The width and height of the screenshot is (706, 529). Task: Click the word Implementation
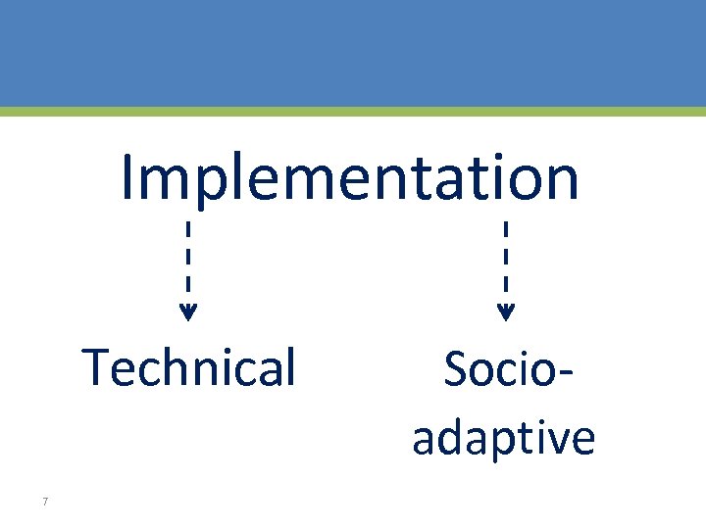pos(350,178)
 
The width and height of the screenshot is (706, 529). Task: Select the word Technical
pos(189,368)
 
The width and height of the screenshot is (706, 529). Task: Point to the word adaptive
pos(503,438)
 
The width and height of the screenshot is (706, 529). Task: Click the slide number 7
pos(45,503)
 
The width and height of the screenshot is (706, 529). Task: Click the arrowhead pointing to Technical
pos(188,313)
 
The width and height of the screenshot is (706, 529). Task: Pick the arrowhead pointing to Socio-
pos(505,313)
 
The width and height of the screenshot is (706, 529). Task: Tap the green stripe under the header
pos(353,112)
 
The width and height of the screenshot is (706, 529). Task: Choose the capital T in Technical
pos(96,368)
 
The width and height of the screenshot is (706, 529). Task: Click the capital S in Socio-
pos(456,369)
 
